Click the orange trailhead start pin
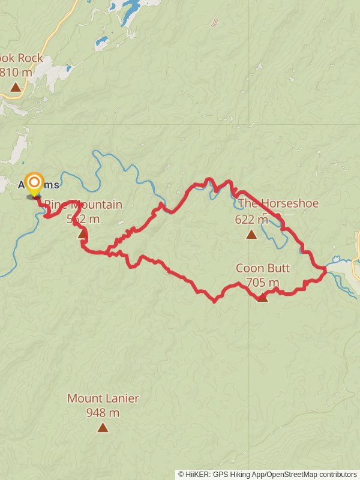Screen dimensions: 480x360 (35, 183)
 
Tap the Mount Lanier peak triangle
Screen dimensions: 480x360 (103, 427)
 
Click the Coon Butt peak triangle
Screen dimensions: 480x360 (262, 296)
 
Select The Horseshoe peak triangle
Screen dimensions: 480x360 (251, 234)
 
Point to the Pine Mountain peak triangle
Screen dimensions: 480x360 (83, 233)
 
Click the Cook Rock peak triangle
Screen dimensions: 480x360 (16, 87)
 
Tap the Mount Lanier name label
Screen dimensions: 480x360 (103, 398)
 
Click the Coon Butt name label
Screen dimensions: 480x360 (258, 268)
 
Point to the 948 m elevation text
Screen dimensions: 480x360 (103, 413)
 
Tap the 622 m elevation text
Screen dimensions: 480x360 (251, 220)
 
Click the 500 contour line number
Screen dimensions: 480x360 (215, 23)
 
